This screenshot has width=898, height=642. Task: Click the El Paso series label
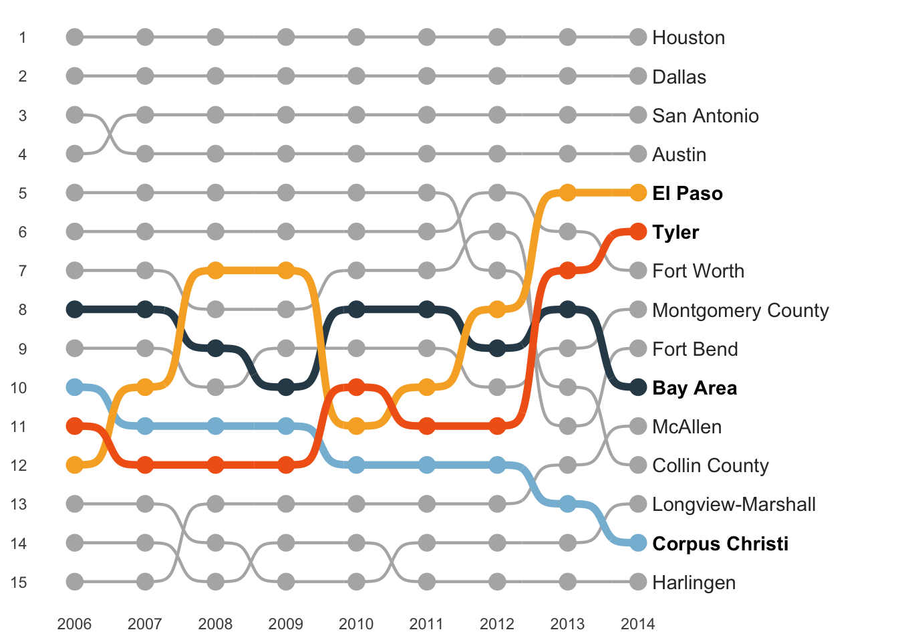[x=687, y=193]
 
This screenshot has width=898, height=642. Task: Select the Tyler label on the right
[x=676, y=232]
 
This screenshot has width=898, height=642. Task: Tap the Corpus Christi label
[x=720, y=544]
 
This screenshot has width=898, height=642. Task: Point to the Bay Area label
[x=694, y=388]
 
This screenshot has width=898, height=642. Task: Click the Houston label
[x=688, y=37]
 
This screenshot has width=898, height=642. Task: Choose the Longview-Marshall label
[x=734, y=504]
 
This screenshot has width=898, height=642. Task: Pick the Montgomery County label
[x=740, y=310]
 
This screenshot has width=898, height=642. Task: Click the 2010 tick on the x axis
[x=356, y=624]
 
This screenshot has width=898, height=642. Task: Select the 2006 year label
[x=74, y=624]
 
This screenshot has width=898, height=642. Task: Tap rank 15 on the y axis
[x=19, y=582]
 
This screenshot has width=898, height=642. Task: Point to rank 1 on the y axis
[x=23, y=37]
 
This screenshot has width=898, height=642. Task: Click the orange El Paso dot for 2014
[x=638, y=193]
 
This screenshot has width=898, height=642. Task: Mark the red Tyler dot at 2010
[x=356, y=387]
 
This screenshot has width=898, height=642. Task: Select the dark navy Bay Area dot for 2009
[x=286, y=387]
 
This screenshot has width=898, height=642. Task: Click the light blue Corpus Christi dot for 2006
[x=75, y=387]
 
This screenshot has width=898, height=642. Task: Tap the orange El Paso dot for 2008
[x=215, y=271]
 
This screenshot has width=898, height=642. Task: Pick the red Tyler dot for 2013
[x=567, y=271]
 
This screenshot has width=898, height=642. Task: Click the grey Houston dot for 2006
[x=75, y=37]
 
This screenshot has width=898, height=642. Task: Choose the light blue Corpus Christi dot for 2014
[x=638, y=543]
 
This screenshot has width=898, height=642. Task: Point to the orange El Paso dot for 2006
[x=75, y=465]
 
